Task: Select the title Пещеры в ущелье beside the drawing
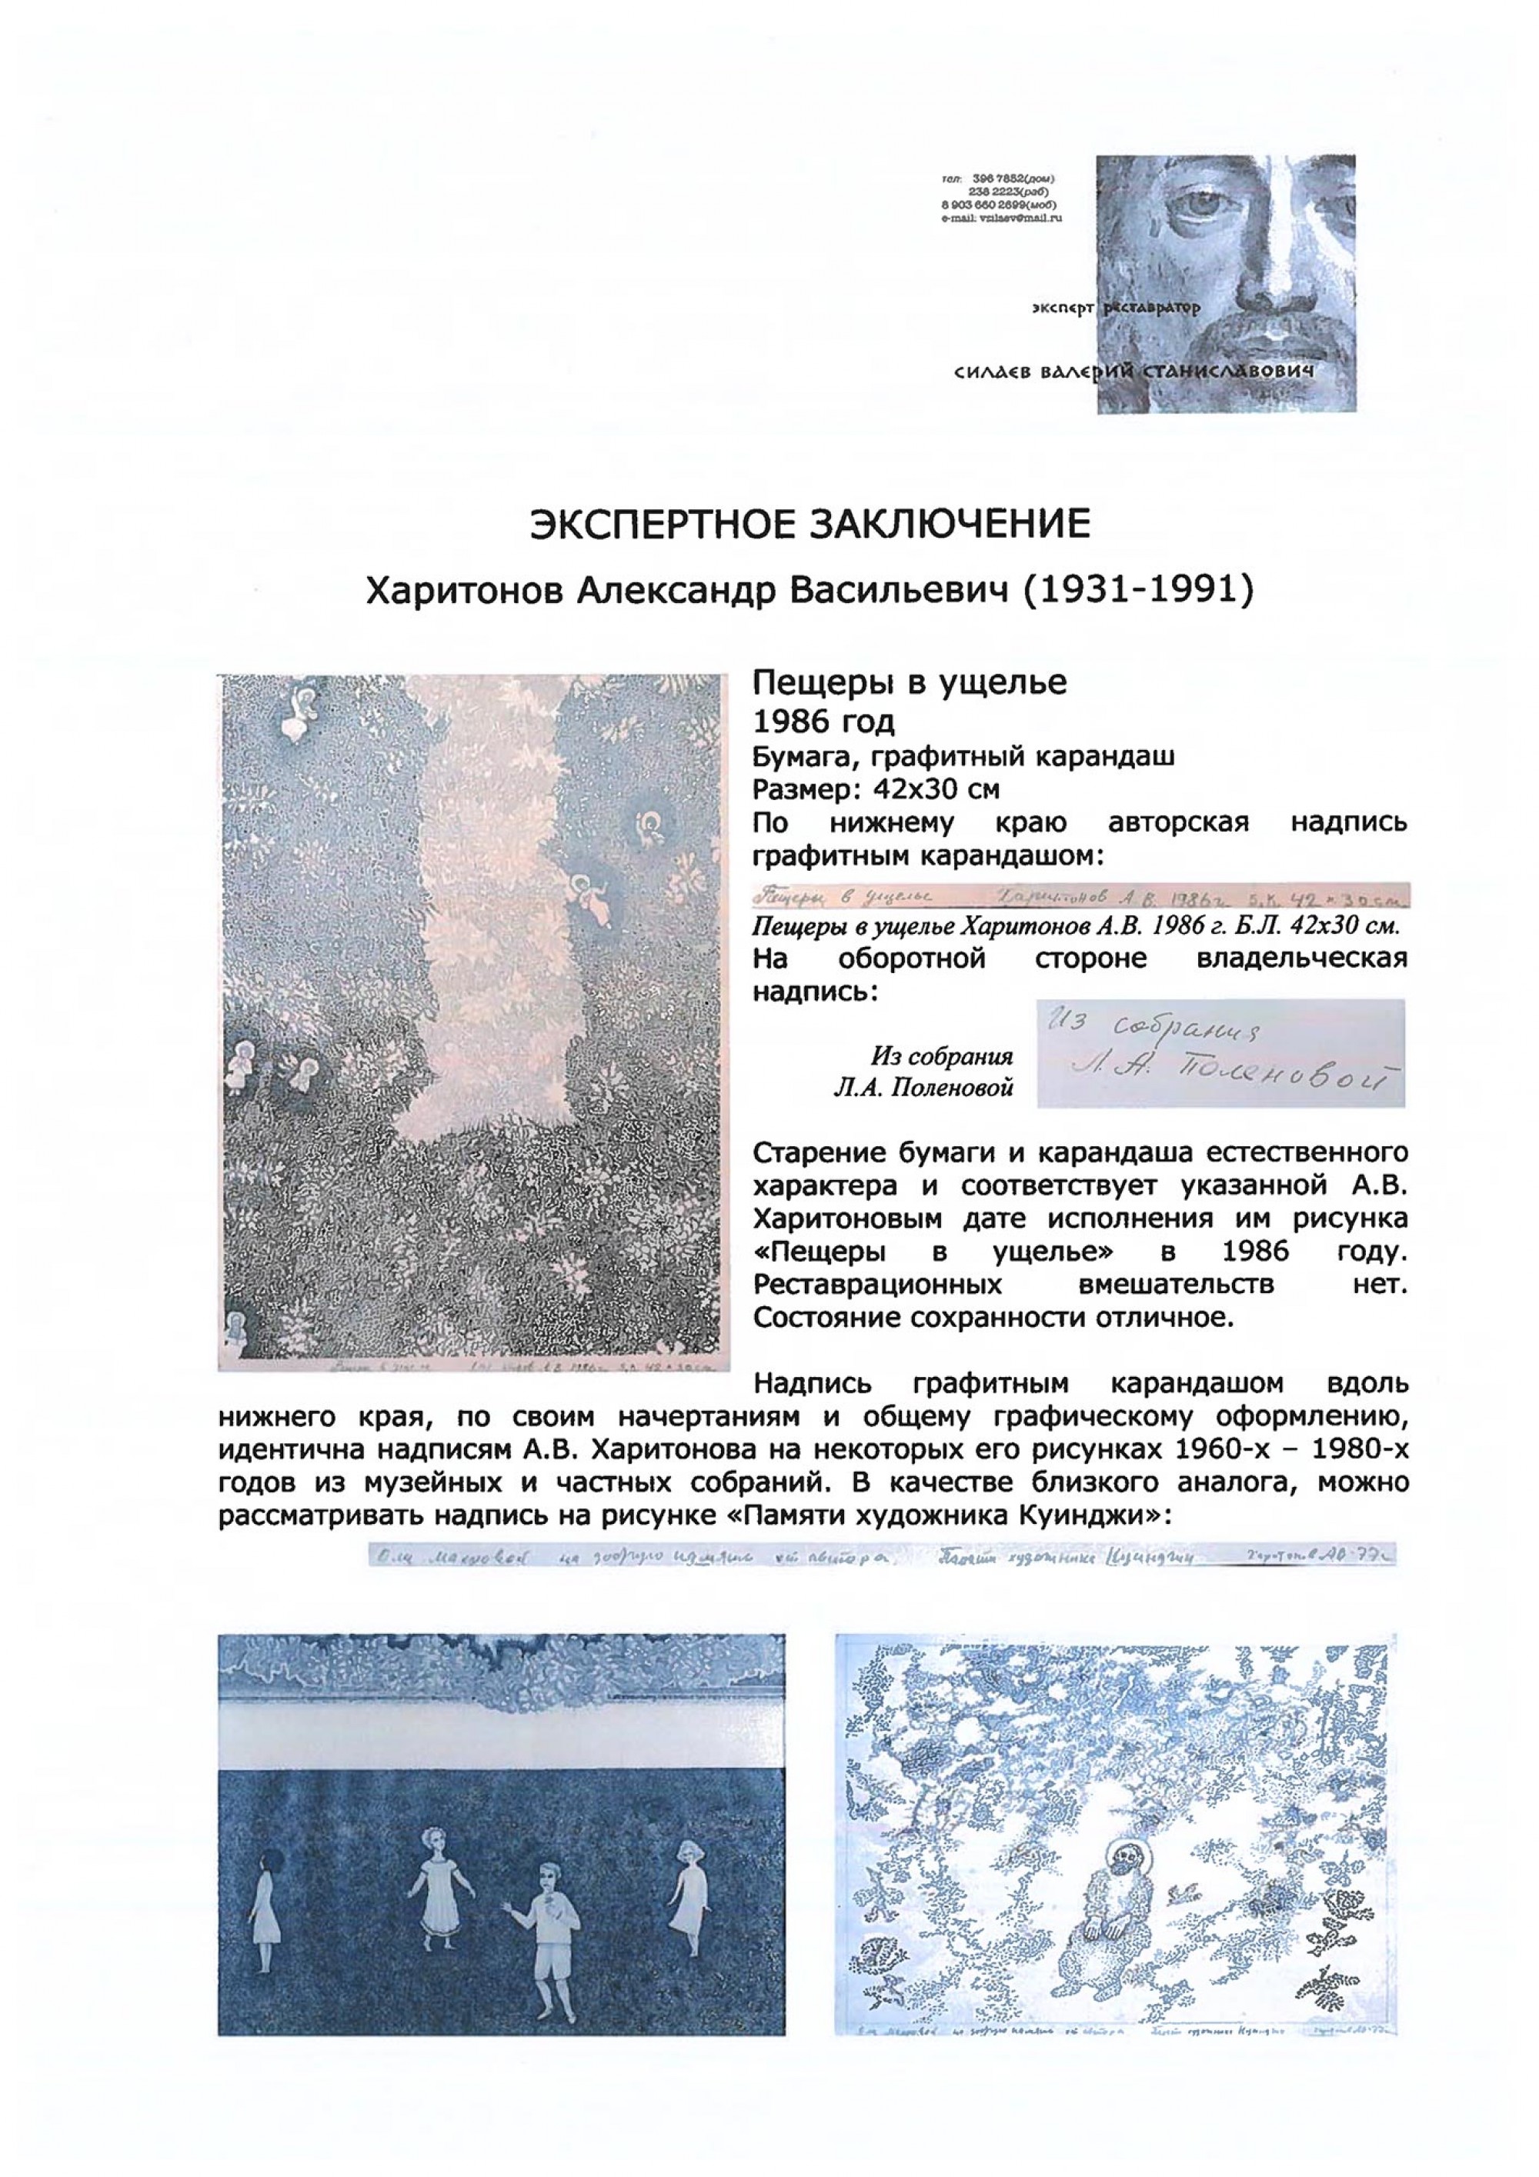910,682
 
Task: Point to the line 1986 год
823,722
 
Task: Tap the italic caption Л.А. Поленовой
923,1088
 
